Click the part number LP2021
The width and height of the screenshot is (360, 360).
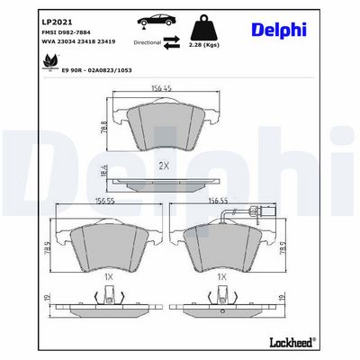pos(56,22)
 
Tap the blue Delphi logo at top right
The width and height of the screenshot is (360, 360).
pos(279,30)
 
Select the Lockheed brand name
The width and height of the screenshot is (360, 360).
pos(293,342)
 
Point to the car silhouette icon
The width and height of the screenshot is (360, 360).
pos(157,21)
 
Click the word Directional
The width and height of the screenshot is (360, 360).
pos(148,42)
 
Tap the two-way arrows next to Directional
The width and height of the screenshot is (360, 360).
pos(172,42)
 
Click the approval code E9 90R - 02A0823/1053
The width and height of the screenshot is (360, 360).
pos(96,70)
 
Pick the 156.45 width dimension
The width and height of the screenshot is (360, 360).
pos(161,88)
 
